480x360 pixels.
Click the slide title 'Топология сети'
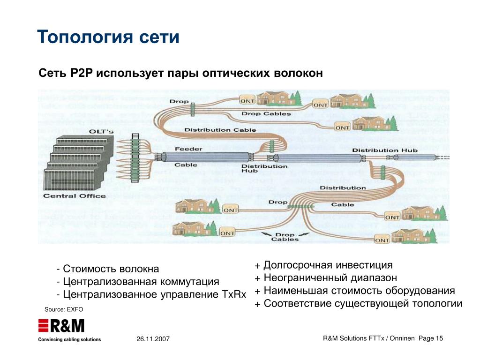[108, 37]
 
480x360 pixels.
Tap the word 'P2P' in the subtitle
[83, 74]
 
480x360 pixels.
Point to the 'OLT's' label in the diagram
[101, 132]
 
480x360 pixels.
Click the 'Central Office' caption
[74, 195]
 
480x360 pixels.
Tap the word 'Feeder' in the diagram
[188, 149]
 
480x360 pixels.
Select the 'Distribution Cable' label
[220, 130]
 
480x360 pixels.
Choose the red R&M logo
[61, 326]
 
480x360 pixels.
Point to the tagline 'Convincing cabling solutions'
[69, 339]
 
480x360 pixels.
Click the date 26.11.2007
[153, 339]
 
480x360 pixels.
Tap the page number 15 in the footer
[439, 338]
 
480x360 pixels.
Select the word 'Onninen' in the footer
[398, 338]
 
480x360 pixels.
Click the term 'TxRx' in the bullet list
[233, 294]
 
